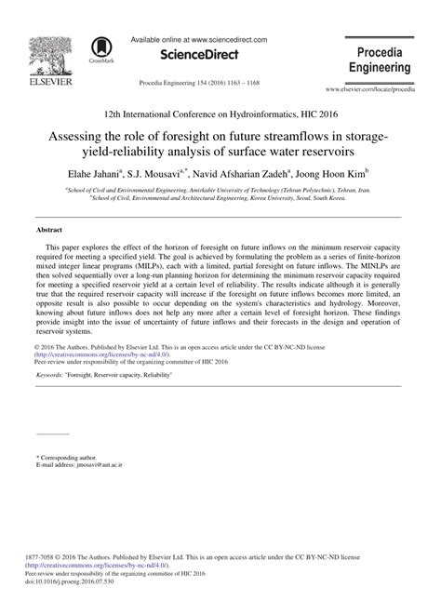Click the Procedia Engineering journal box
click(379, 59)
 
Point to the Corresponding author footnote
click(70, 458)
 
